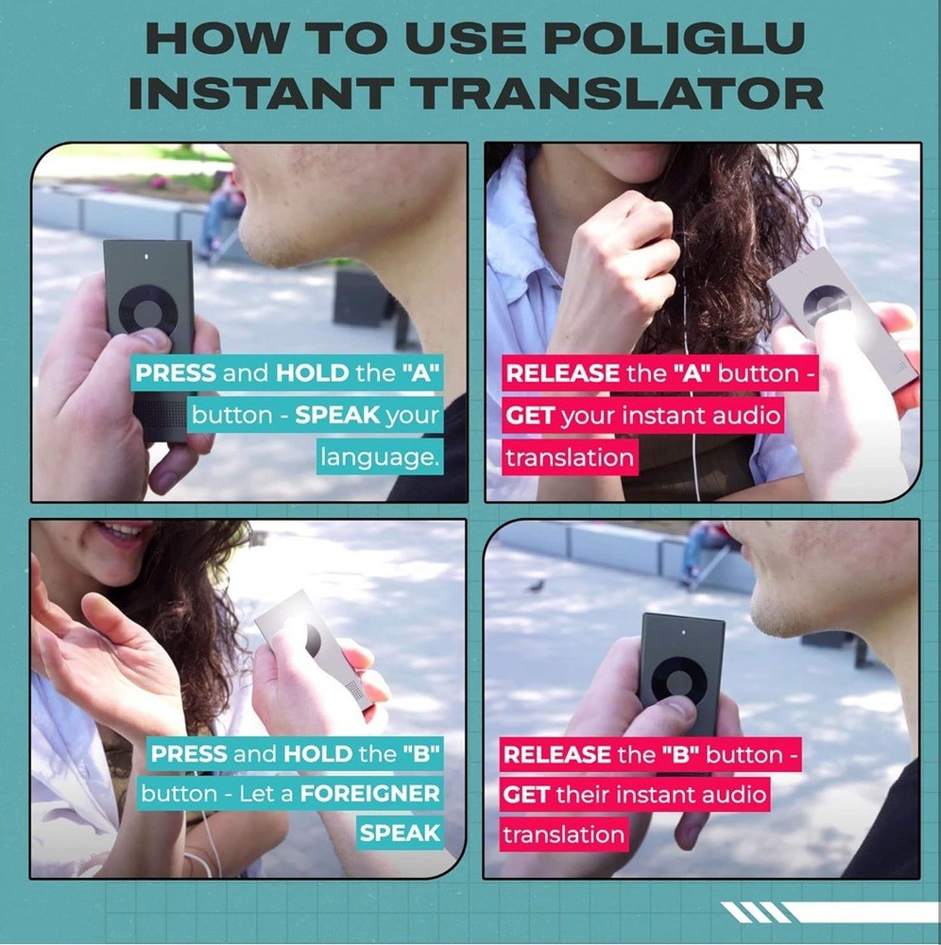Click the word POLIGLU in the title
click(675, 38)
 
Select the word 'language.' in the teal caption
click(379, 457)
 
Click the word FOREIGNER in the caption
click(370, 794)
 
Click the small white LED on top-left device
click(147, 257)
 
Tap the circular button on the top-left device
click(147, 311)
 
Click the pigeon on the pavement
click(536, 585)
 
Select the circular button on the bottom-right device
click(679, 685)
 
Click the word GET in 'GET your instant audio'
click(529, 416)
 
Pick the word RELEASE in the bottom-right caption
click(557, 754)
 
